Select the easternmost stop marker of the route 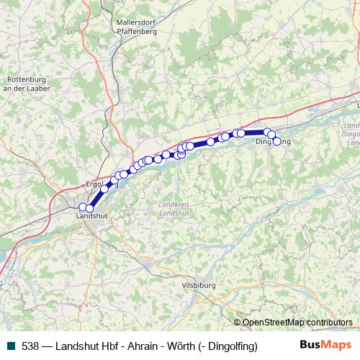click(x=276, y=141)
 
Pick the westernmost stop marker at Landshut click(x=83, y=207)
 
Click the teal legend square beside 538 click(x=9, y=346)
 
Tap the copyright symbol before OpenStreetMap click(x=238, y=322)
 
